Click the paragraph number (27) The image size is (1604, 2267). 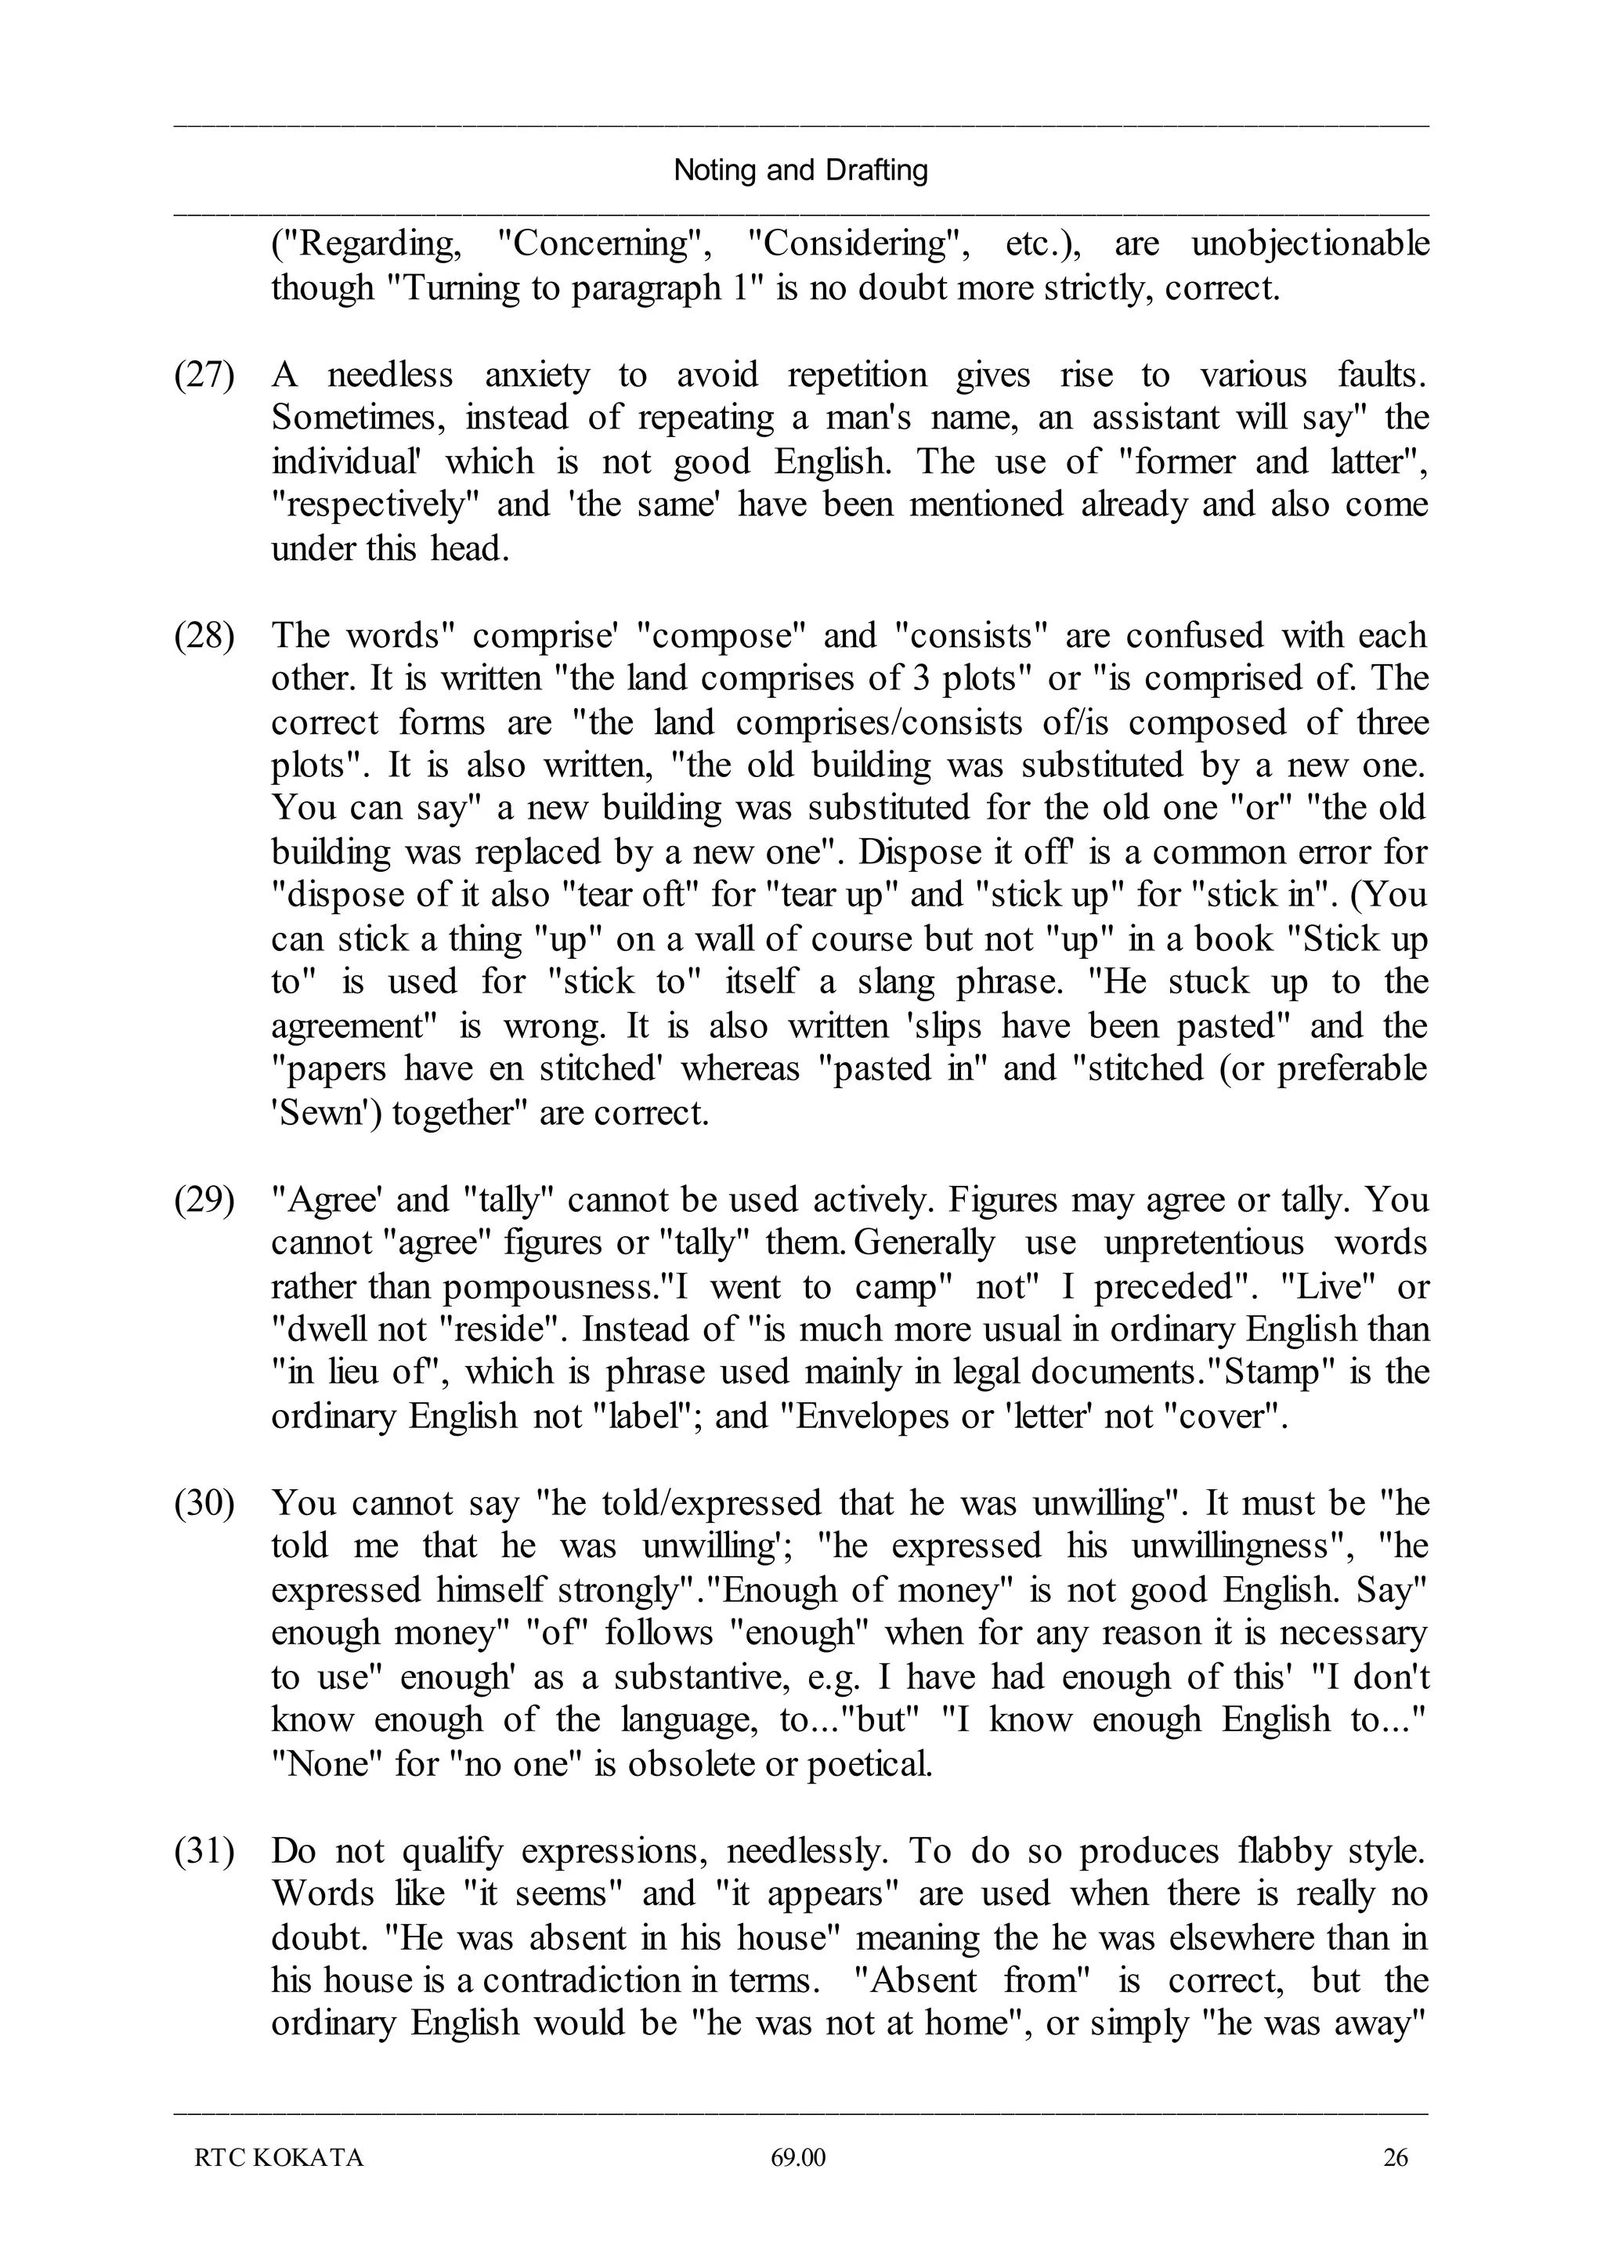pyautogui.click(x=204, y=375)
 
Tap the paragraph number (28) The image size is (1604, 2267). pyautogui.click(x=204, y=635)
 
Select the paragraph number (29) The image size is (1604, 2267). pyautogui.click(x=204, y=1200)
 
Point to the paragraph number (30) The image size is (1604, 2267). pyautogui.click(x=204, y=1503)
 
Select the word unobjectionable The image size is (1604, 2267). pyautogui.click(x=1310, y=244)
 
